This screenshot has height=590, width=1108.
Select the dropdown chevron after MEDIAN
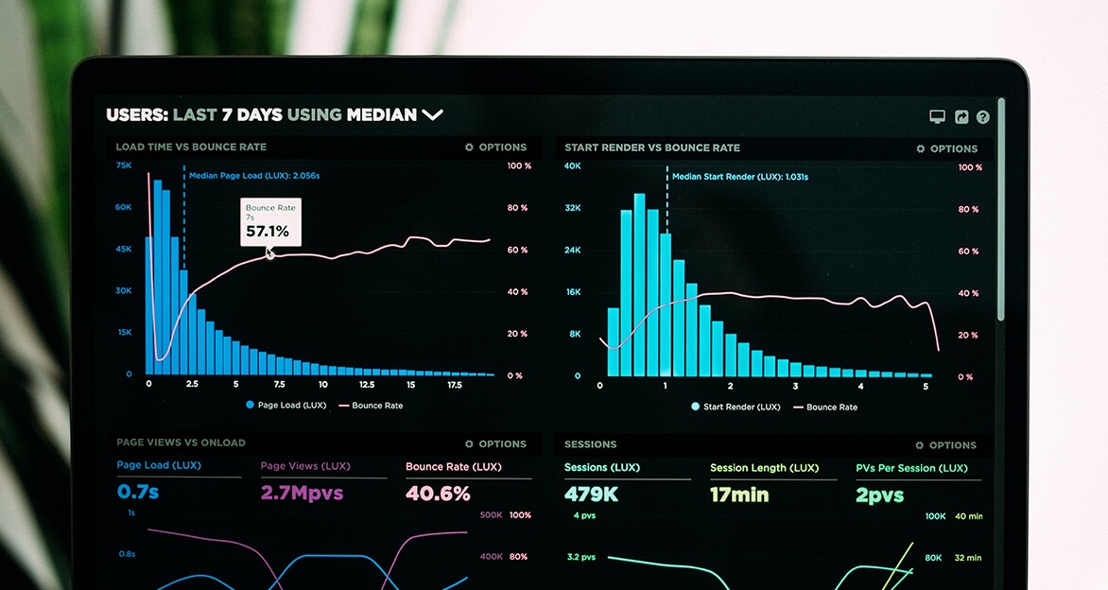[x=432, y=114]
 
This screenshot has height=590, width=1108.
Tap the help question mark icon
[x=983, y=117]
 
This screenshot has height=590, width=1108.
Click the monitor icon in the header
[x=937, y=116]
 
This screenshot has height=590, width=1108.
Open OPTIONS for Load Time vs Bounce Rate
[x=496, y=147]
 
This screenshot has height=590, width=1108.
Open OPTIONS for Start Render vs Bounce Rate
[x=947, y=148]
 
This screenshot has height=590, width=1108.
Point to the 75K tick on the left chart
[x=124, y=165]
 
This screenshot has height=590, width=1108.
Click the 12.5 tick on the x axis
[x=366, y=385]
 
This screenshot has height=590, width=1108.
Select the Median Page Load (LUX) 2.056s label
[x=253, y=176]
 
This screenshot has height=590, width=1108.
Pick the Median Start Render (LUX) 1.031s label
[x=739, y=177]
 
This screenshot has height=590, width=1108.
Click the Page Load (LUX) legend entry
[x=286, y=406]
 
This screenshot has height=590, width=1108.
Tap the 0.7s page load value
[x=138, y=492]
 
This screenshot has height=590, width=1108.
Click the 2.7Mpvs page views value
[x=302, y=493]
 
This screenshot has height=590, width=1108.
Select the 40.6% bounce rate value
[x=438, y=494]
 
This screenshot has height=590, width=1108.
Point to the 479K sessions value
[x=591, y=495]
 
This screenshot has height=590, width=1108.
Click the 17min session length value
[x=739, y=495]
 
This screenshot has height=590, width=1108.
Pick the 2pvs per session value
[x=879, y=495]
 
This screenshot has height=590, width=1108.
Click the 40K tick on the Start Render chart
[x=572, y=165]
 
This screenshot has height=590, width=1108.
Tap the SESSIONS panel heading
[x=590, y=443]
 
